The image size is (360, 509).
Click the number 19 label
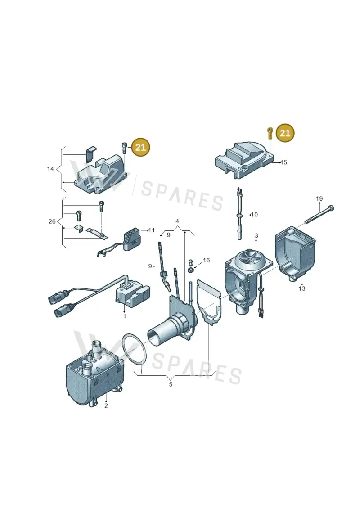pyautogui.click(x=319, y=198)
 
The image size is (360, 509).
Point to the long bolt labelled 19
pyautogui.click(x=319, y=215)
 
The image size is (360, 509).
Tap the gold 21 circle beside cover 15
pyautogui.click(x=285, y=133)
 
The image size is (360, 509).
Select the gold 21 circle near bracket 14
pyautogui.click(x=140, y=147)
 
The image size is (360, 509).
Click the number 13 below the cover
pyautogui.click(x=302, y=288)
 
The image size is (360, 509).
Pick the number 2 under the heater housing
pyautogui.click(x=106, y=405)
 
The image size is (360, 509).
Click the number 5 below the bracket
pyautogui.click(x=171, y=384)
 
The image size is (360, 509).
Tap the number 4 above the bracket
pyautogui.click(x=177, y=221)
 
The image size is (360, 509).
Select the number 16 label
pyautogui.click(x=206, y=260)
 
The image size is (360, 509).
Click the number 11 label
pyautogui.click(x=152, y=230)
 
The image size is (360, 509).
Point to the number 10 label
pyautogui.click(x=255, y=215)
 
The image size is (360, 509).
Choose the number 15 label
pyautogui.click(x=283, y=162)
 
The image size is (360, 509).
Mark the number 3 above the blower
pyautogui.click(x=256, y=235)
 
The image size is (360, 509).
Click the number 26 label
pyautogui.click(x=52, y=221)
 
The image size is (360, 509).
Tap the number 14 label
pyautogui.click(x=50, y=169)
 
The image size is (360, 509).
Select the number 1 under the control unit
pyautogui.click(x=125, y=316)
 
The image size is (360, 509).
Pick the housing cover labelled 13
pyautogui.click(x=295, y=253)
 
